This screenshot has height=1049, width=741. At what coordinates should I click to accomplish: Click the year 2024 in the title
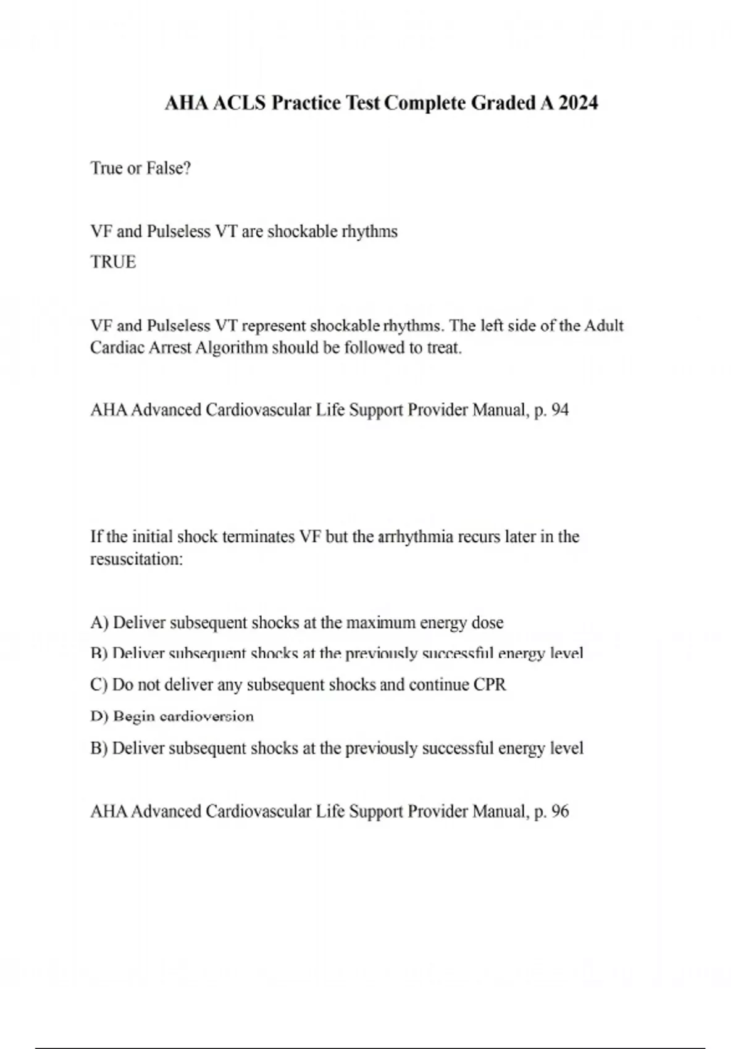578,103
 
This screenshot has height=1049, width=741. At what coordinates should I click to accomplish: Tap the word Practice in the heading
306,103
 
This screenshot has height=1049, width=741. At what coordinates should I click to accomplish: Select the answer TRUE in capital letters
113,262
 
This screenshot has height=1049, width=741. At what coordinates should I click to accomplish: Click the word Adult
603,326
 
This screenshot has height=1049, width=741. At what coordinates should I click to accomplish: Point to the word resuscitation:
136,560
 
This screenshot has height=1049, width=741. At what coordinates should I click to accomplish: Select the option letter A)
99,623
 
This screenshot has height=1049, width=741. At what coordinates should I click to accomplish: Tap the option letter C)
99,686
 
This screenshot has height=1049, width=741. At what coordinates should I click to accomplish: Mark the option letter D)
99,717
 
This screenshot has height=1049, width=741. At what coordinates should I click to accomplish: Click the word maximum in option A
380,623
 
